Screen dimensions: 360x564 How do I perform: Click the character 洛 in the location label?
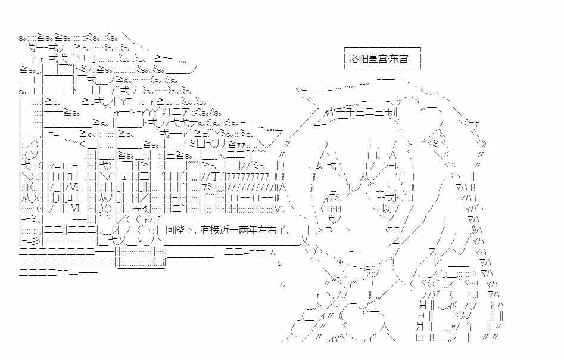(354, 59)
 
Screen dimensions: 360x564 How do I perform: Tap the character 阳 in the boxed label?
(363, 59)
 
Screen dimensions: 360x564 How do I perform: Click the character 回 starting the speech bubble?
(170, 229)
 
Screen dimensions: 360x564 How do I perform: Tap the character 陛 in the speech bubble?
(179, 229)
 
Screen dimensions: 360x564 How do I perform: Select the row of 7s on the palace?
(247, 175)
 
